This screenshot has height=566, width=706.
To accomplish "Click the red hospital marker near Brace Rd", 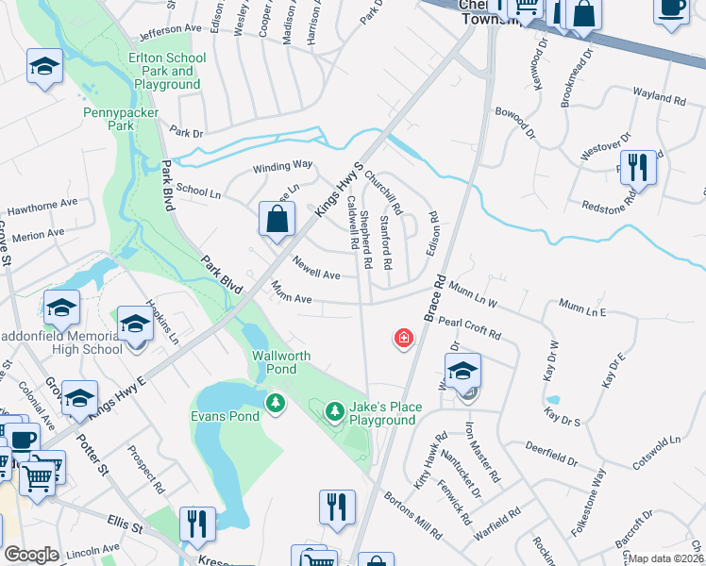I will [x=404, y=338].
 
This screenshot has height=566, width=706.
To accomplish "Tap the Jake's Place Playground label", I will [x=383, y=413].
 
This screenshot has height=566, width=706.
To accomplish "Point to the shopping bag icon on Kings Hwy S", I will [x=277, y=222].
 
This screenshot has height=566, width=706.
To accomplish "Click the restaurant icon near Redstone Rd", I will [x=639, y=169].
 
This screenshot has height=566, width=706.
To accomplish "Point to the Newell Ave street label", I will [x=316, y=268].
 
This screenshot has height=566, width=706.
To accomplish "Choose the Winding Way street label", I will [x=281, y=167].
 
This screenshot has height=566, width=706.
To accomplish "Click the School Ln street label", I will [x=198, y=191].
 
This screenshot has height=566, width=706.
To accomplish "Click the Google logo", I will [x=31, y=555].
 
